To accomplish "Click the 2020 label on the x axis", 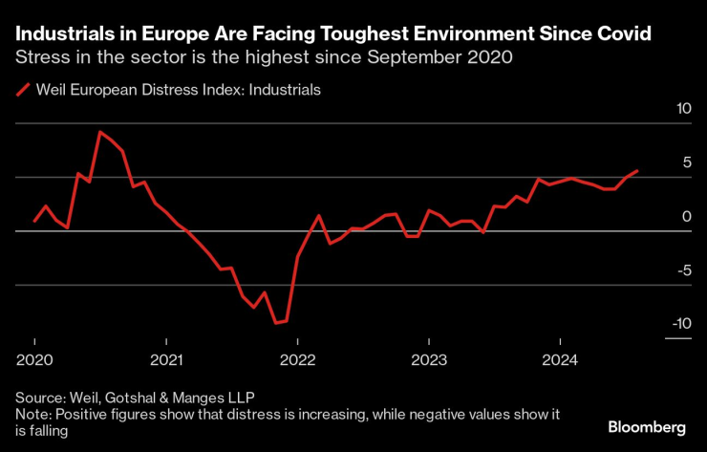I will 34,361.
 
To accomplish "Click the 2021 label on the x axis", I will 166,361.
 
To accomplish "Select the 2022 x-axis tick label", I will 297,361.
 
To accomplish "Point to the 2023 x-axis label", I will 429,361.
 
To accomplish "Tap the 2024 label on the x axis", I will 560,361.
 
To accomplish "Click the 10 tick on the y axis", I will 683,110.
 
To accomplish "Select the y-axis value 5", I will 687,163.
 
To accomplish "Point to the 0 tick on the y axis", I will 687,217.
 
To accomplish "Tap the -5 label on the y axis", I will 683,270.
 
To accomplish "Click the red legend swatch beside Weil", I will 22,91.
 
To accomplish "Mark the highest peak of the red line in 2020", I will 100,132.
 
